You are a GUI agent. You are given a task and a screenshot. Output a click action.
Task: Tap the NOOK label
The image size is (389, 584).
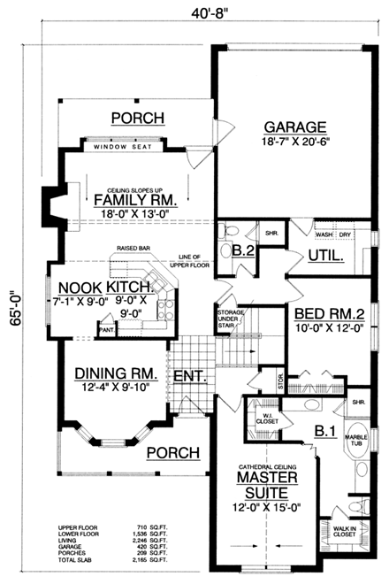[81, 288]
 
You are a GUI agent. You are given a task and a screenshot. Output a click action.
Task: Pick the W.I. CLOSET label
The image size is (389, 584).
[265, 419]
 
